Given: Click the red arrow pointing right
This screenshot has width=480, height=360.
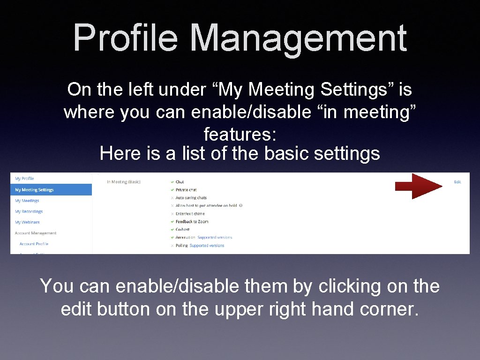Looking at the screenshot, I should point(418,186).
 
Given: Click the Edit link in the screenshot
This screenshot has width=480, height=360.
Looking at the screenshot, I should point(457,182).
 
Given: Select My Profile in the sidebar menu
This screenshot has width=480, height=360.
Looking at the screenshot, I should point(24,179).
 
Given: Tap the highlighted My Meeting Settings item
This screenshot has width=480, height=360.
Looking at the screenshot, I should point(34,190).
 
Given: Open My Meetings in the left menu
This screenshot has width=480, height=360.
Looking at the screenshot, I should point(27,201).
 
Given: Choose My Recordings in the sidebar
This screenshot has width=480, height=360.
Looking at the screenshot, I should point(29,211).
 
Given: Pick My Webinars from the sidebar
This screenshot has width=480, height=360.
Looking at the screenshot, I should point(27,222).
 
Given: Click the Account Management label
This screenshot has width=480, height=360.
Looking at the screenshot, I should point(36,233).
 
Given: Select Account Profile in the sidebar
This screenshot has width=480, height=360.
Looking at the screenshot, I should point(34,244).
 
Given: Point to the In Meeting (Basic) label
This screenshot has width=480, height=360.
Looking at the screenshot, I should point(124,182).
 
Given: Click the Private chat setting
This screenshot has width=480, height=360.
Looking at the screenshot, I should point(186,190).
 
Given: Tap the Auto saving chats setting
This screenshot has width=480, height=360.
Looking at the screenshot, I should point(191,198).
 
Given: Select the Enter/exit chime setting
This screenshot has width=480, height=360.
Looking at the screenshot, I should point(190,214).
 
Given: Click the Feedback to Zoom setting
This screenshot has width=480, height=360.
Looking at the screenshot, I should point(192,222).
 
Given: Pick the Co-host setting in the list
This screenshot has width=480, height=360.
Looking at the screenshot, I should point(182,230).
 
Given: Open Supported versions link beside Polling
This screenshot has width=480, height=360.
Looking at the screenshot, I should point(207,246).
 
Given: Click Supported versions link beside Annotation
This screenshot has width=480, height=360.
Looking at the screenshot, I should point(215,238).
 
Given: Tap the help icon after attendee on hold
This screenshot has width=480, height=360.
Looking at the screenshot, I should point(240,206).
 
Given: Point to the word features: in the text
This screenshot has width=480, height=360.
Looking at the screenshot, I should point(240,135).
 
